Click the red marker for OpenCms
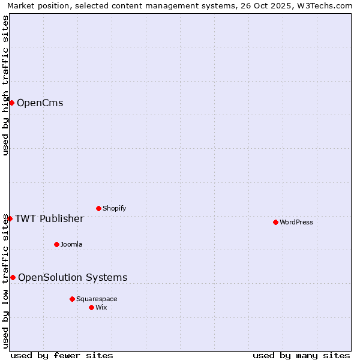point(11,103)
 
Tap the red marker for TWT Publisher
point(10,218)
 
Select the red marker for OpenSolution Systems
point(13,277)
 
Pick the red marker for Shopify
point(98,208)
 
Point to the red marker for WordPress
point(275,222)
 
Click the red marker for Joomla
point(56,244)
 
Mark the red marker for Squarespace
point(72,299)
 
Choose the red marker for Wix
point(91,307)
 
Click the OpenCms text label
point(40,103)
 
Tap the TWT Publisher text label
point(49,218)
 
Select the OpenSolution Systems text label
point(73,277)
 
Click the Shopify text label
point(114,208)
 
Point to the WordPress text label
point(296,222)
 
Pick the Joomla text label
point(71,244)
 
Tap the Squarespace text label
point(97,299)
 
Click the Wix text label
point(101,307)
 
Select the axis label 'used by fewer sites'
point(62,355)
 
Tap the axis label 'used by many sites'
point(301,355)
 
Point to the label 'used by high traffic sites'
point(5,85)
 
